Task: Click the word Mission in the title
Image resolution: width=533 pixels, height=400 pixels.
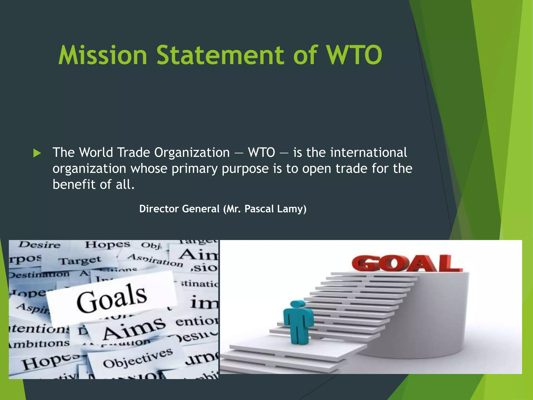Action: pyautogui.click(x=103, y=55)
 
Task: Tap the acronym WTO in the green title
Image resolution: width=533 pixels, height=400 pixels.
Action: pyautogui.click(x=354, y=55)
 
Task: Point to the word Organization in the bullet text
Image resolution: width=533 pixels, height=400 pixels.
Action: pyautogui.click(x=192, y=153)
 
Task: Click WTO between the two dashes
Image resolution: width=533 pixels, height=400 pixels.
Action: pyautogui.click(x=261, y=153)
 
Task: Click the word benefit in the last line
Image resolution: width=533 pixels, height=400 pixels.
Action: pyautogui.click(x=74, y=184)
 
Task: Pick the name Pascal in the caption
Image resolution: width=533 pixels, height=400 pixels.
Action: pyautogui.click(x=259, y=209)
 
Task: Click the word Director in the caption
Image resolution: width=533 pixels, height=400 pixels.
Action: pyautogui.click(x=159, y=209)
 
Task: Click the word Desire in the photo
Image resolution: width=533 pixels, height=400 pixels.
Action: pyautogui.click(x=40, y=245)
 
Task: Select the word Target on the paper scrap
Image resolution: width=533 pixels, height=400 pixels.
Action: pyautogui.click(x=79, y=260)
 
